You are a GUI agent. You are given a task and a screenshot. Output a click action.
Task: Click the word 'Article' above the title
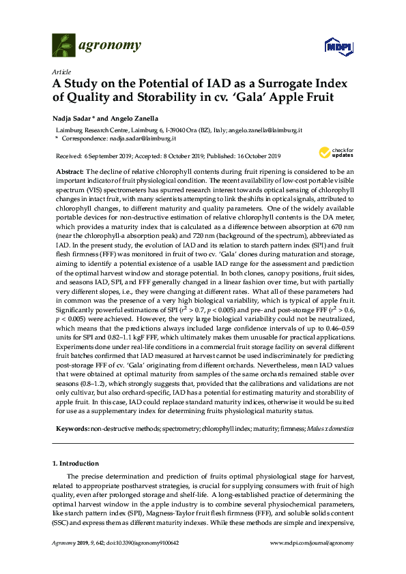[61, 71]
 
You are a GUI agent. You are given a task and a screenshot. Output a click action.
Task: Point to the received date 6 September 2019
[114, 155]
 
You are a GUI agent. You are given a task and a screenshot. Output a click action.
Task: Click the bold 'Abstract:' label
[69, 171]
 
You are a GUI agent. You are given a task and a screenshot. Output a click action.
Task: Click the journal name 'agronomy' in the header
[112, 46]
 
